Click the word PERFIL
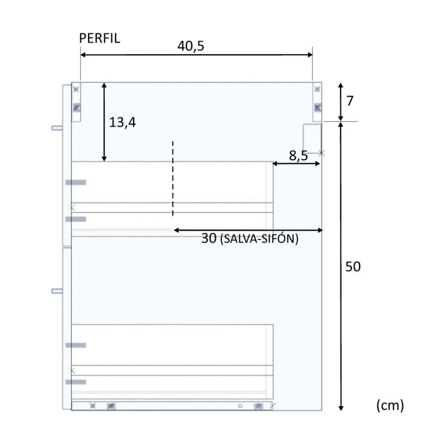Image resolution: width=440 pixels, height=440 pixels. [99, 38]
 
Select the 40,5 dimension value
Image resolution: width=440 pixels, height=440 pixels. [191, 46]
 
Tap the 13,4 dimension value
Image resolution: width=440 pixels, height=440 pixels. [122, 122]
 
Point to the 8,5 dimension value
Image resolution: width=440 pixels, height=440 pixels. [298, 155]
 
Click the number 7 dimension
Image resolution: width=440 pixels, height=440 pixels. [350, 101]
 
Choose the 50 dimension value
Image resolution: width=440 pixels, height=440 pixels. [353, 267]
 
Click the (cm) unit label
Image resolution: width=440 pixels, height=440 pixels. [390, 405]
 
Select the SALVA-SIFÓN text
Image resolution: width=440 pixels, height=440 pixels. [259, 239]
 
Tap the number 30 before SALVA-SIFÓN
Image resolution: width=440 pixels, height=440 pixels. [209, 238]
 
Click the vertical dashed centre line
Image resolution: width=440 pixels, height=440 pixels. [172, 179]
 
